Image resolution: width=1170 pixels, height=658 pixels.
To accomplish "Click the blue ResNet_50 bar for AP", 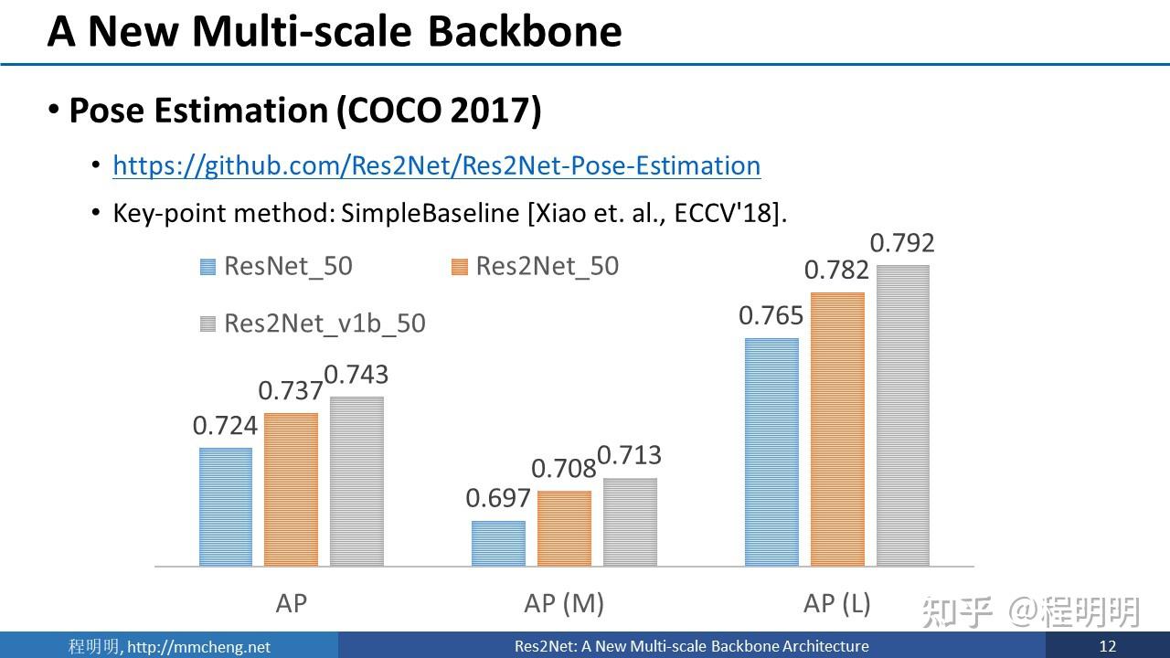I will point(226,507).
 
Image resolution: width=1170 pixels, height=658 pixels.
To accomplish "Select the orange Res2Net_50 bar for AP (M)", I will point(564,528).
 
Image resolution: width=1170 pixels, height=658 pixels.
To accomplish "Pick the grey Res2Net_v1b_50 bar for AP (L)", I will point(903,416).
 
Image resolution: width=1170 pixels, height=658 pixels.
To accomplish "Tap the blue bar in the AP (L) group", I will point(771,452).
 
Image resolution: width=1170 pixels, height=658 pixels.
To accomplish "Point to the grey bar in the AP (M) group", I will point(630,522).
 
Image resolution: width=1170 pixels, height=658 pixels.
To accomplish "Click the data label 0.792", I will point(902,243).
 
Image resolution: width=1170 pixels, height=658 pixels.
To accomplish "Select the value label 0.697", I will point(498,498).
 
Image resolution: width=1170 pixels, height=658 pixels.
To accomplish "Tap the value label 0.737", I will point(291,391).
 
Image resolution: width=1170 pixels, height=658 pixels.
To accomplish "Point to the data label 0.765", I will point(771,316).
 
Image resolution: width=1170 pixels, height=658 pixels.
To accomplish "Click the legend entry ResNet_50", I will point(287,266).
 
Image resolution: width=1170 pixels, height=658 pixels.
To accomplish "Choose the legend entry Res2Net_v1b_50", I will point(324,324).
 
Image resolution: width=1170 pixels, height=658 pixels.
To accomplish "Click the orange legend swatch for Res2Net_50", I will point(460,267).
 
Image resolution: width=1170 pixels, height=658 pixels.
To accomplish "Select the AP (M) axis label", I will point(564,603).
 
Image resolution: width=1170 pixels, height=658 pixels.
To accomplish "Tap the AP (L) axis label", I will point(836,603).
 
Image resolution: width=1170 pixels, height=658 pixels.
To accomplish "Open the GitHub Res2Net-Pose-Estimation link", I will point(437,165).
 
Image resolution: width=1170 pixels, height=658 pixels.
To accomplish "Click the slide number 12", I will point(1108,646).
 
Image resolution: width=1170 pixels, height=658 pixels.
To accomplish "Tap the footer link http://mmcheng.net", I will point(198,647).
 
